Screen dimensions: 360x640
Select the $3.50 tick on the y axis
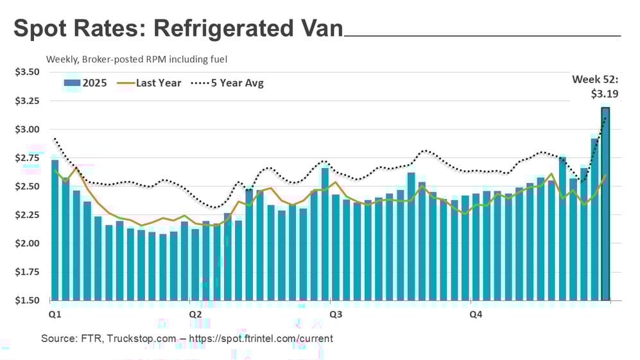click(x=27, y=72)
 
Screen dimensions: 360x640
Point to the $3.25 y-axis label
click(x=27, y=101)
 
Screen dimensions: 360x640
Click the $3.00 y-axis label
click(x=27, y=129)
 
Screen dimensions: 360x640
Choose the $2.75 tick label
click(x=27, y=158)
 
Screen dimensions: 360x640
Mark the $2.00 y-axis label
click(x=27, y=243)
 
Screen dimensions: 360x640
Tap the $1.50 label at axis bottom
click(x=27, y=300)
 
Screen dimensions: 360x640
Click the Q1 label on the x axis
click(x=55, y=314)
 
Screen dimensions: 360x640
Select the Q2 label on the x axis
click(x=196, y=314)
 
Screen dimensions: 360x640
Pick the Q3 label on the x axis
click(x=335, y=314)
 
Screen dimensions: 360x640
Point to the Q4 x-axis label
click(x=476, y=314)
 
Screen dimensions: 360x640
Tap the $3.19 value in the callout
click(x=605, y=94)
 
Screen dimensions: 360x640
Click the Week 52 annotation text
click(x=596, y=80)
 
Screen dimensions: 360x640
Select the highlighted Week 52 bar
click(x=605, y=205)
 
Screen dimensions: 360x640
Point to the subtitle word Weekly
click(x=62, y=59)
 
